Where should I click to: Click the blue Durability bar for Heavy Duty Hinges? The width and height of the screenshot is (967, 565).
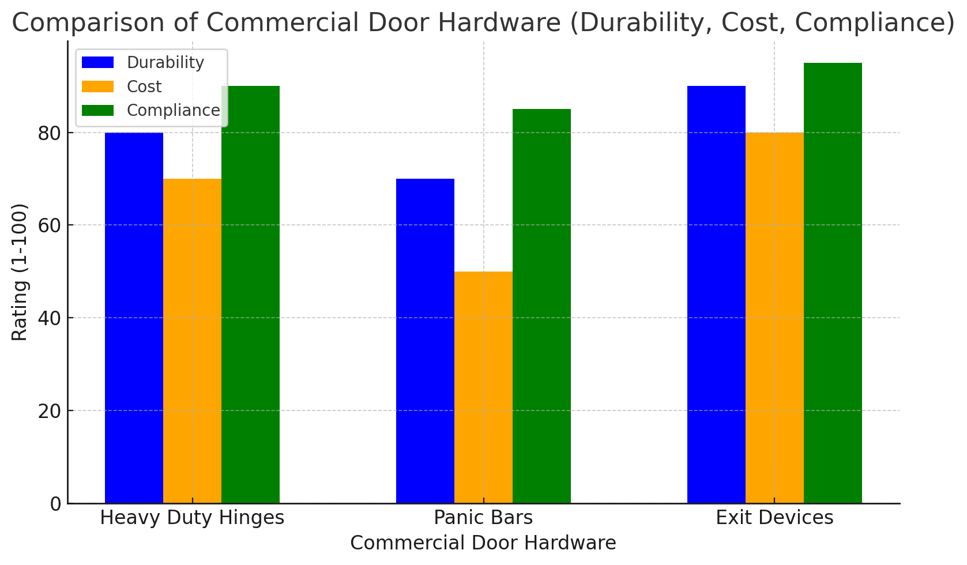[134, 317]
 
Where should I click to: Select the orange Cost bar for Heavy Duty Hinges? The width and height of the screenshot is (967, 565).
[192, 340]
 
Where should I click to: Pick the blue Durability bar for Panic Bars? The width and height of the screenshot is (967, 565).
[425, 340]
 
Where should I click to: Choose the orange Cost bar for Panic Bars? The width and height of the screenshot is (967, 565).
[483, 386]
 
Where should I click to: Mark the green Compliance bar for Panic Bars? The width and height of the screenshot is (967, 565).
[541, 306]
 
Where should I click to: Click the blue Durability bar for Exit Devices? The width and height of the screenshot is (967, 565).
[716, 294]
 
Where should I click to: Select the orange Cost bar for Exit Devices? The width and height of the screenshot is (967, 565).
[774, 317]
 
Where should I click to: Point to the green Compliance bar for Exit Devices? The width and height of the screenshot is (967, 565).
[833, 282]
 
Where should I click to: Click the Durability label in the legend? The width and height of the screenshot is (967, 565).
[165, 62]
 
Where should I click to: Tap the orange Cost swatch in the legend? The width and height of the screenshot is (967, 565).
[98, 86]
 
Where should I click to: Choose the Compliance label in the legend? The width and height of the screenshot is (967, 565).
[173, 110]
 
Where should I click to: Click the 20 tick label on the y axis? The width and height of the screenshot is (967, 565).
[51, 411]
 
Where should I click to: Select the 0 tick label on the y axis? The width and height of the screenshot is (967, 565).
[56, 504]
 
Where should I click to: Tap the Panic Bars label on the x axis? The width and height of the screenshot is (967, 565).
[483, 518]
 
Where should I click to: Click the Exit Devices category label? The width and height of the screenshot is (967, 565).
[774, 518]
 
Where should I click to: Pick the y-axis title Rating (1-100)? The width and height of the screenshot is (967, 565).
[20, 272]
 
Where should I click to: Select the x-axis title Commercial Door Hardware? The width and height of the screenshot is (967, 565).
[483, 543]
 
